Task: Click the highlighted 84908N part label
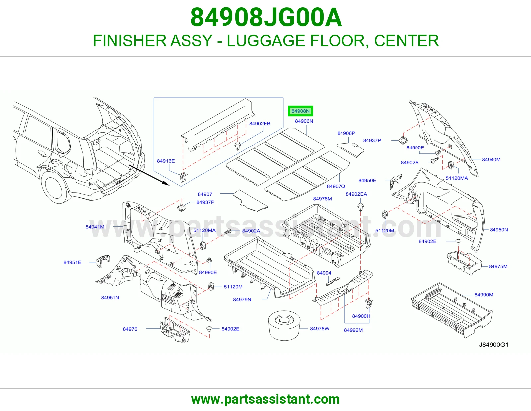pyautogui.click(x=300, y=111)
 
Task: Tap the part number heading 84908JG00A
pyautogui.click(x=266, y=18)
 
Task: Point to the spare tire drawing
pyautogui.click(x=284, y=325)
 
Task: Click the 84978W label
pyautogui.click(x=320, y=329)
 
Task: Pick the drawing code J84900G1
pyautogui.click(x=493, y=345)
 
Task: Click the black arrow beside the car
pyautogui.click(x=149, y=175)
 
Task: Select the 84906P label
pyautogui.click(x=346, y=133)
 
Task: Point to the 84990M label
pyautogui.click(x=484, y=295)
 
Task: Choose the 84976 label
pyautogui.click(x=130, y=329)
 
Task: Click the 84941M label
pyautogui.click(x=95, y=227)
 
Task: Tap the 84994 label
pyautogui.click(x=324, y=273)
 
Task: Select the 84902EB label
pyautogui.click(x=260, y=124)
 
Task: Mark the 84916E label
pyautogui.click(x=166, y=161)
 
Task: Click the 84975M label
pyautogui.click(x=498, y=266)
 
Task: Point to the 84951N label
pyautogui.click(x=110, y=298)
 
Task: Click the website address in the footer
pyautogui.click(x=265, y=399)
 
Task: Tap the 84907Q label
pyautogui.click(x=336, y=186)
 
